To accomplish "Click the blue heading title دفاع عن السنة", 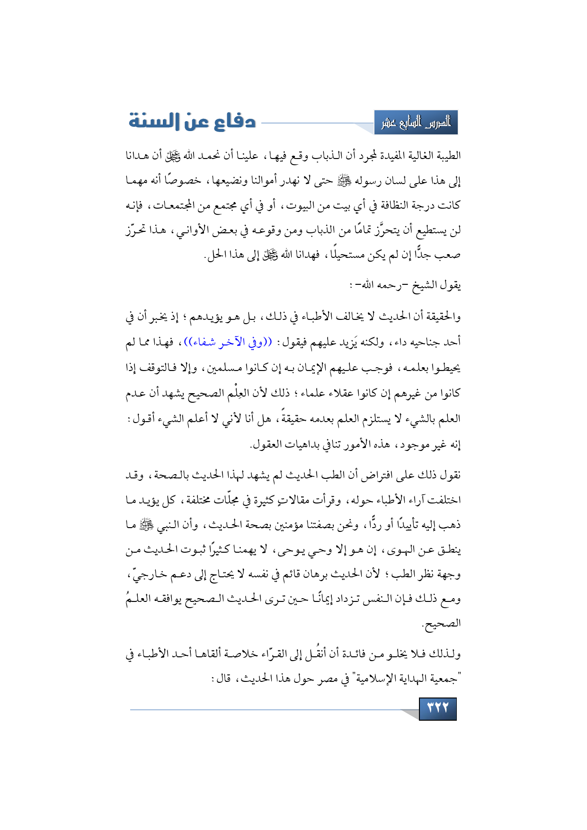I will pyautogui.click(x=192, y=122).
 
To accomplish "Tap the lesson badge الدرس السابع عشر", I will pyautogui.click(x=416, y=123).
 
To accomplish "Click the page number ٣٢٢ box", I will pyautogui.click(x=437, y=708).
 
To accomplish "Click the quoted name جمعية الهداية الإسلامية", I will pyautogui.click(x=403, y=679).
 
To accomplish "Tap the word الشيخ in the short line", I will pyautogui.click(x=423, y=285).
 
